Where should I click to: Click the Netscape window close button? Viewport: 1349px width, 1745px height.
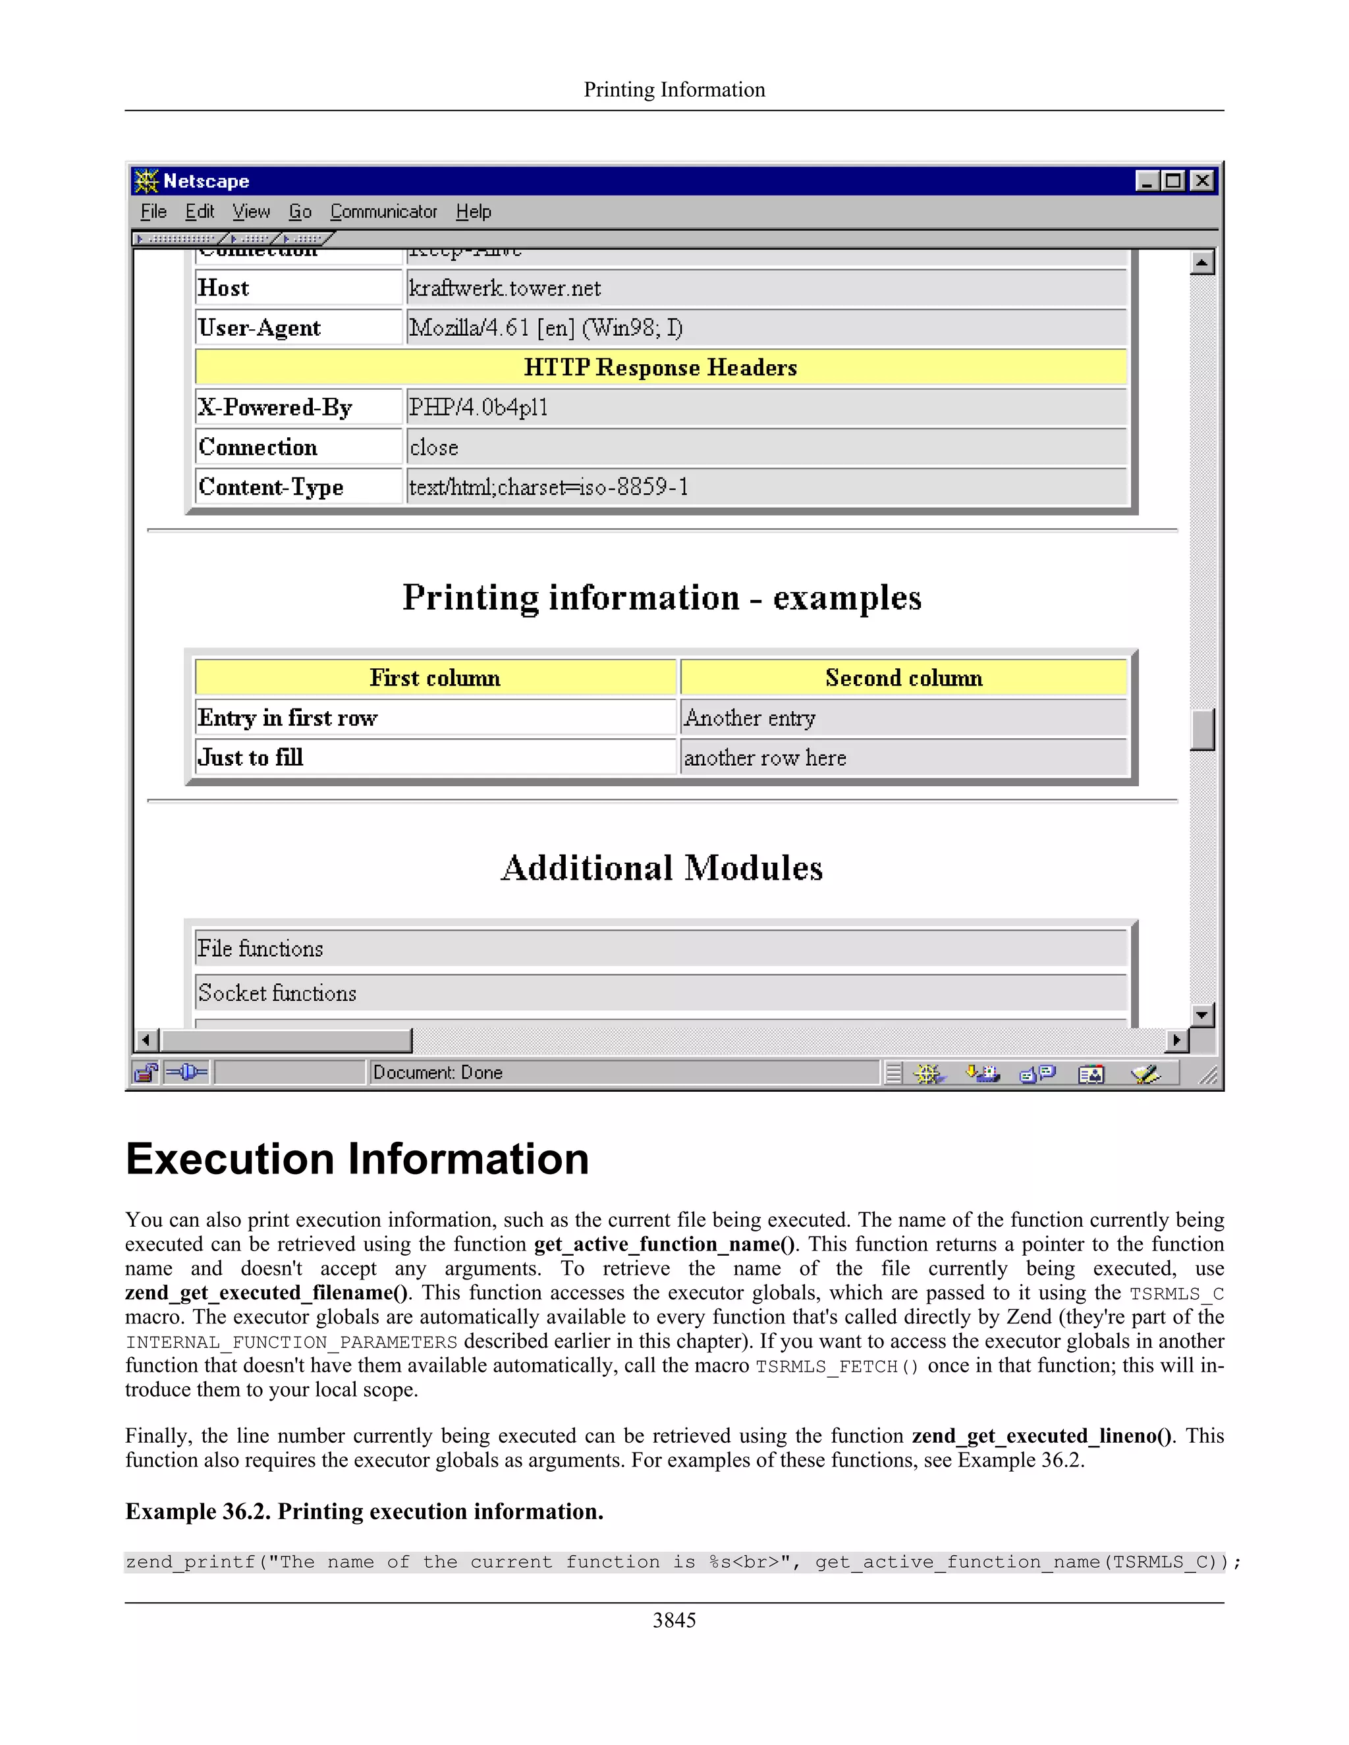[1202, 181]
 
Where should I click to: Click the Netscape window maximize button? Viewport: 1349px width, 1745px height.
[1174, 181]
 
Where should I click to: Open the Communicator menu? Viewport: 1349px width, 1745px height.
[383, 212]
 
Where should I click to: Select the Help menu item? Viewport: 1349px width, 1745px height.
[473, 212]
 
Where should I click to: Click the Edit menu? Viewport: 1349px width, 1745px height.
[200, 212]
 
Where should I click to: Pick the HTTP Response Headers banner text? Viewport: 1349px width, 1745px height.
[660, 367]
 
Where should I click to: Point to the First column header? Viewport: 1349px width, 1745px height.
[435, 678]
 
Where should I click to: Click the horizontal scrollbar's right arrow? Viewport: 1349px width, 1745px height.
[1176, 1040]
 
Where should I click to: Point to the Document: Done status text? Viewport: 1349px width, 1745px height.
[438, 1072]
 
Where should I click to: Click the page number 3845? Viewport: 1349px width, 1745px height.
[674, 1621]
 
